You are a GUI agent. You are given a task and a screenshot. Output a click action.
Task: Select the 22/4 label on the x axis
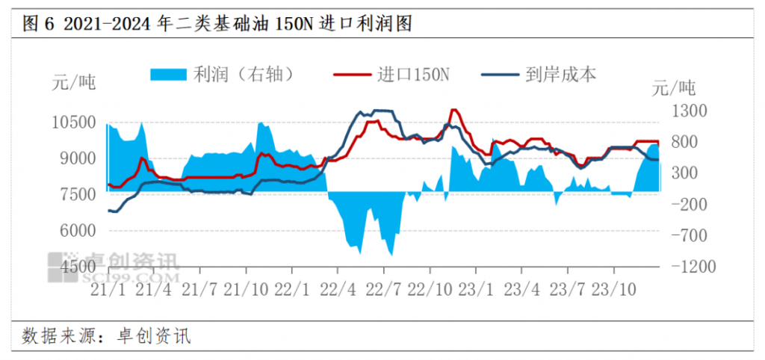click(341, 288)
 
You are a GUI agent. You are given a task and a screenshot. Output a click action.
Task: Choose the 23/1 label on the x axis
click(476, 288)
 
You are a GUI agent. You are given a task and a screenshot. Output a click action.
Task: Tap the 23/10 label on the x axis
click(616, 288)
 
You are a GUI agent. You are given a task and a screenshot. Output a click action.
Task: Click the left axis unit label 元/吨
click(75, 81)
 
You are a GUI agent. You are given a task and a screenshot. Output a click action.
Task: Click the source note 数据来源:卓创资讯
click(107, 335)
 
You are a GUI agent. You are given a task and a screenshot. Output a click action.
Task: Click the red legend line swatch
click(352, 74)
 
